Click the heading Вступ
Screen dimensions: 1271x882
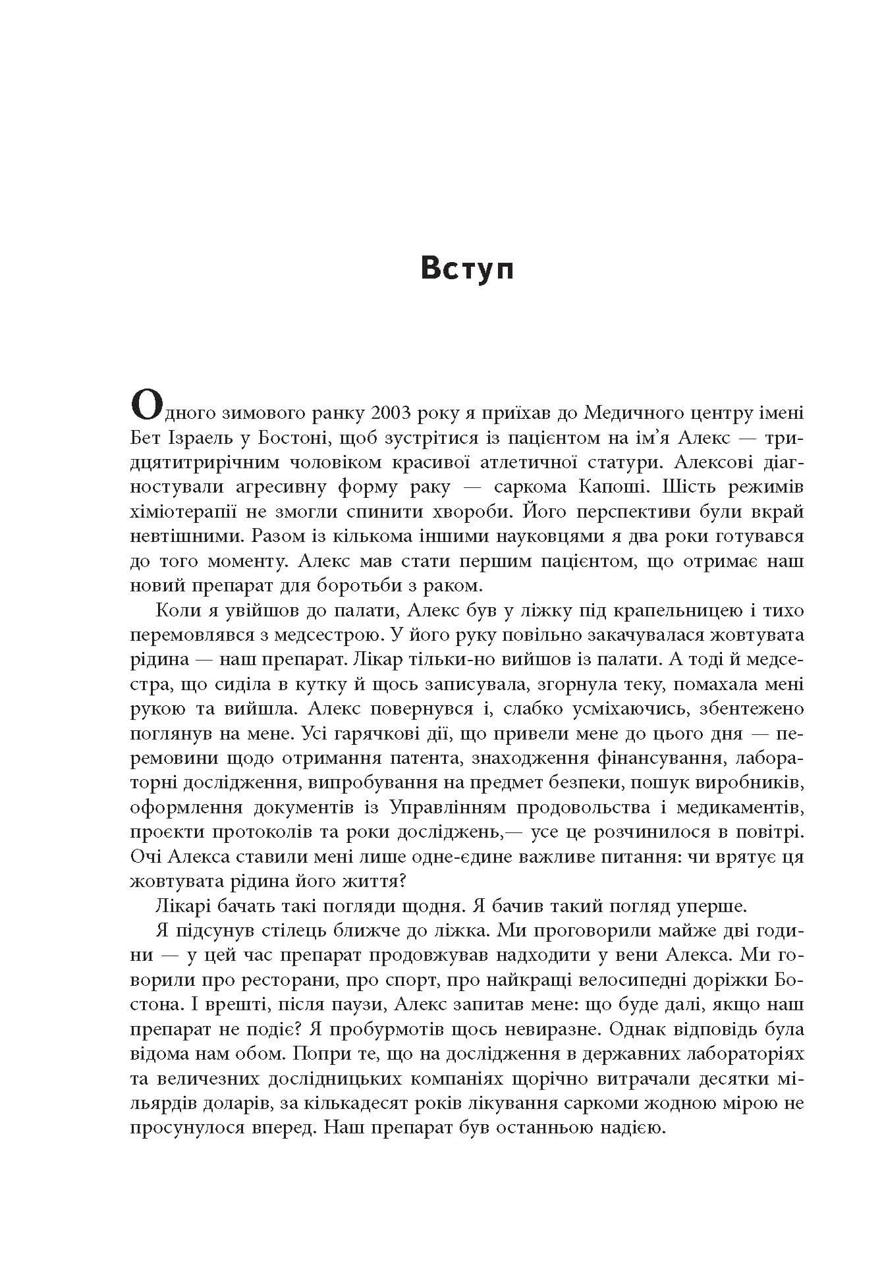[x=467, y=270]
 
